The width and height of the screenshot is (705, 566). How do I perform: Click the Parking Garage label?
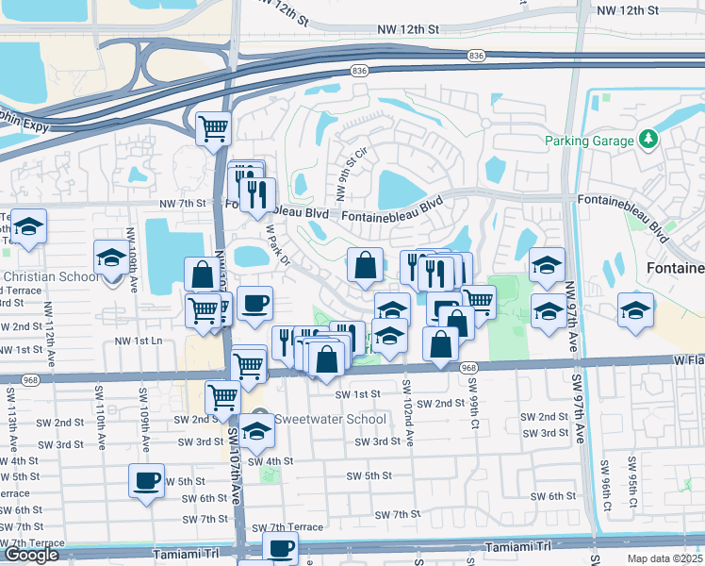[x=588, y=141]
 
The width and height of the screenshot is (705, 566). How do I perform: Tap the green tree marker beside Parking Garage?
[x=648, y=141]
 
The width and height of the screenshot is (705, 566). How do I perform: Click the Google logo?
[x=31, y=555]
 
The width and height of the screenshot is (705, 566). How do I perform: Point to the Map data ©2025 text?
[x=665, y=558]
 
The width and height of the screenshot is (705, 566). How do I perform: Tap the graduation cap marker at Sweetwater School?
[x=255, y=431]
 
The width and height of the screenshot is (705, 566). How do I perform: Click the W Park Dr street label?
[x=276, y=242]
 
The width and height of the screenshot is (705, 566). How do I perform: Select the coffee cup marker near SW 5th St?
[x=147, y=480]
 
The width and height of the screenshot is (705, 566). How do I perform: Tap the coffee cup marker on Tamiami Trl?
[x=280, y=547]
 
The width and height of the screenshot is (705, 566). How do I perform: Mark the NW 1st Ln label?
[x=139, y=341]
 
